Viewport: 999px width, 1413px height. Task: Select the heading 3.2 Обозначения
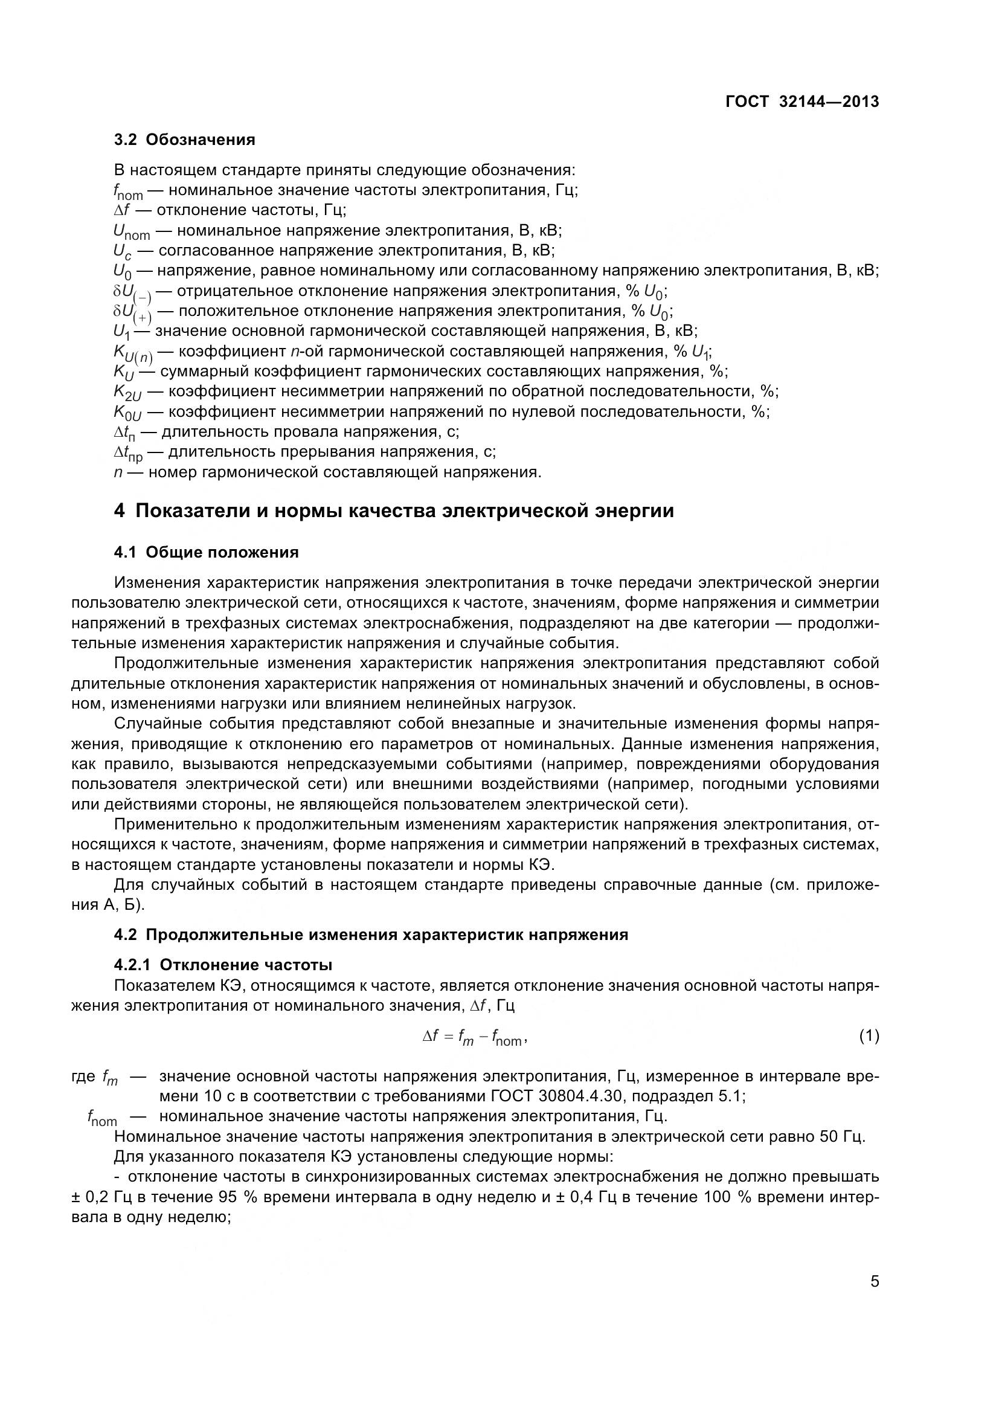click(185, 140)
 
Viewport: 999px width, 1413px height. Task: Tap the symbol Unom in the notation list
click(132, 232)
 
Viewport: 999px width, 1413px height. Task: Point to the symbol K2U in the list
click(127, 393)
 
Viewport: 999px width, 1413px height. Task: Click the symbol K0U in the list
click(127, 413)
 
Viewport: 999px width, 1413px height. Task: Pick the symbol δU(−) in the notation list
click(132, 292)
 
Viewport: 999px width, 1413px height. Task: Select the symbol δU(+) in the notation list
click(132, 313)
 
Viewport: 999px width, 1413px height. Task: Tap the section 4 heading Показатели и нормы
click(394, 511)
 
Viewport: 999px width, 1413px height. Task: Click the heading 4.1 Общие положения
click(206, 552)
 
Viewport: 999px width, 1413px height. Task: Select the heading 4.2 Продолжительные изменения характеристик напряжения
click(371, 935)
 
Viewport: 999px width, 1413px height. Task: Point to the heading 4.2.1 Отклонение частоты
click(223, 964)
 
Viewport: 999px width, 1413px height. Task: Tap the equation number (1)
click(869, 1037)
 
